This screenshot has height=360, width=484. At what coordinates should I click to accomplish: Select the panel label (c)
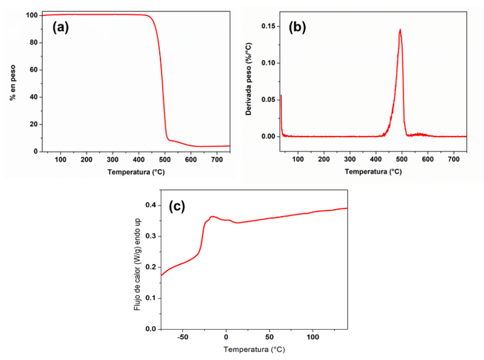pos(177,206)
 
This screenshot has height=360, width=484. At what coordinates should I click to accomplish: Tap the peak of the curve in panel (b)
pos(400,29)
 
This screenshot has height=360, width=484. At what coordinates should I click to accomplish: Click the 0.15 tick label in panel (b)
pos(271,26)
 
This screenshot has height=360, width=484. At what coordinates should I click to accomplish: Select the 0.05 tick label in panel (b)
pos(271,100)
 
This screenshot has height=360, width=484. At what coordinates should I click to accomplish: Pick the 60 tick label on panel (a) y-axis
pos(34,70)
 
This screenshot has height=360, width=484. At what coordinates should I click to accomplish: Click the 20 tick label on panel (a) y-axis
pos(34,125)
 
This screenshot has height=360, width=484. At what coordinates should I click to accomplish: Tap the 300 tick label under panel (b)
pos(350,160)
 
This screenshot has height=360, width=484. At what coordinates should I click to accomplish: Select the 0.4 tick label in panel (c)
pos(152,206)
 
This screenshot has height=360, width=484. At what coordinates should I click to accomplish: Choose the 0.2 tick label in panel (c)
pos(152,268)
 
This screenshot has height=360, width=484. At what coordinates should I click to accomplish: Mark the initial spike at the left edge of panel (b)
pos(281,97)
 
